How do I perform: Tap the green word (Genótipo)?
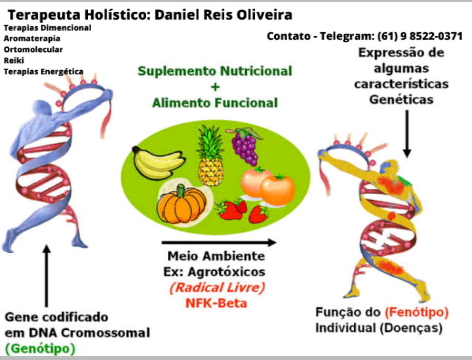(40, 348)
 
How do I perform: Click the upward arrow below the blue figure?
(46, 275)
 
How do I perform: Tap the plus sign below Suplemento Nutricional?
(214, 87)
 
